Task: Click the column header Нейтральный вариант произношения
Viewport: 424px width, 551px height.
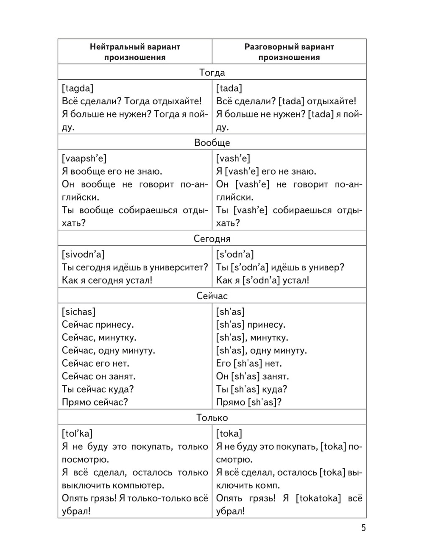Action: coord(135,52)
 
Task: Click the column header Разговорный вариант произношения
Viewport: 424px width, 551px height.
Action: coord(289,52)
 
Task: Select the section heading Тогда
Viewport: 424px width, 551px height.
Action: coord(212,72)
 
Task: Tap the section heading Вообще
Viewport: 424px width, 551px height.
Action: coord(212,142)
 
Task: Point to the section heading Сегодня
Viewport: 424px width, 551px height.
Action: coord(212,239)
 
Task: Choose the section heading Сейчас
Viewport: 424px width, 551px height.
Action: coord(212,296)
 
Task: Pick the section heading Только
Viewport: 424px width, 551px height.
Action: coord(212,418)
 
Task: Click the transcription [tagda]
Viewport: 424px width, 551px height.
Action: coord(78,88)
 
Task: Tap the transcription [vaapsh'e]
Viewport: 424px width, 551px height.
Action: coord(84,159)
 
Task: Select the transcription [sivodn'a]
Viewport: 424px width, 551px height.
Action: coord(83,254)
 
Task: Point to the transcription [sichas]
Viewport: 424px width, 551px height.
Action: coord(78,312)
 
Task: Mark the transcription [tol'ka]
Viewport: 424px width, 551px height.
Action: coord(77,434)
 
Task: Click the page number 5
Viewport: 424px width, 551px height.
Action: coord(363,528)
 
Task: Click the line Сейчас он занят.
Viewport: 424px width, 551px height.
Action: coord(99,376)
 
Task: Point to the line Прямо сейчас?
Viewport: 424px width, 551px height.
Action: coord(95,402)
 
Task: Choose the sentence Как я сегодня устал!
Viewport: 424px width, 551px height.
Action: coord(107,280)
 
